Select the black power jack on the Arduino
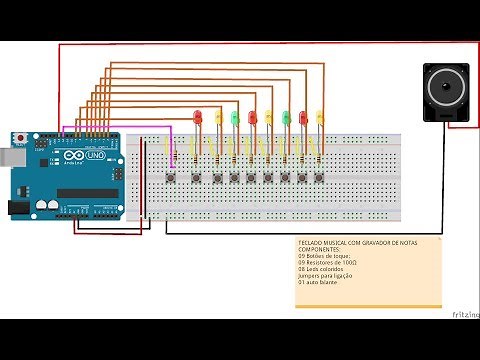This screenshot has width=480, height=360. coord(18,207)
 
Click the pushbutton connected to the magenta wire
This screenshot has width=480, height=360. coord(176,178)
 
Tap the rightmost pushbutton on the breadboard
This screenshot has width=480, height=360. coord(319,178)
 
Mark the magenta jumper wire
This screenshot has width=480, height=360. coord(120,128)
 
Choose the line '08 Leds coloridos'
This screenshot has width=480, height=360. coord(326,269)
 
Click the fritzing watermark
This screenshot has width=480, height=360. coord(464,314)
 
